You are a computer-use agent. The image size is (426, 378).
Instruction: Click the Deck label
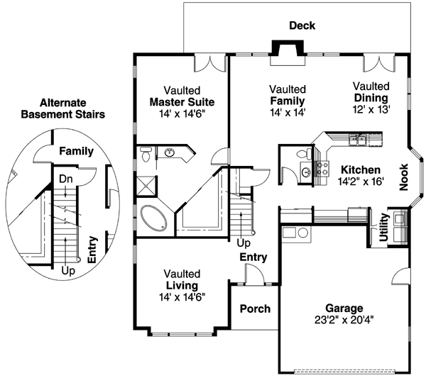[302, 26]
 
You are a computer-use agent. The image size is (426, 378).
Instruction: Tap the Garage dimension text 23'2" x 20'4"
[344, 319]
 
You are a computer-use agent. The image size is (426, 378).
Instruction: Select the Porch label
[254, 309]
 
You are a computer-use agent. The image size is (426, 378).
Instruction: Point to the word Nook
[404, 178]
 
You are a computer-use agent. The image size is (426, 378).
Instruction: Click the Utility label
[383, 228]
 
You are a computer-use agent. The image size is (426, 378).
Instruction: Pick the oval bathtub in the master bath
[154, 216]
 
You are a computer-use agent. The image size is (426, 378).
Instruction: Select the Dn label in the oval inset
[65, 179]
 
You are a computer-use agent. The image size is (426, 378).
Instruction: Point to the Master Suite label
[182, 101]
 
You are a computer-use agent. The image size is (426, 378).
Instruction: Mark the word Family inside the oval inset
[77, 151]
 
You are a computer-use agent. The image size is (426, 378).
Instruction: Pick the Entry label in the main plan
[253, 257]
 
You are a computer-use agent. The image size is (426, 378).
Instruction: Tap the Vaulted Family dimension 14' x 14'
[288, 112]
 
